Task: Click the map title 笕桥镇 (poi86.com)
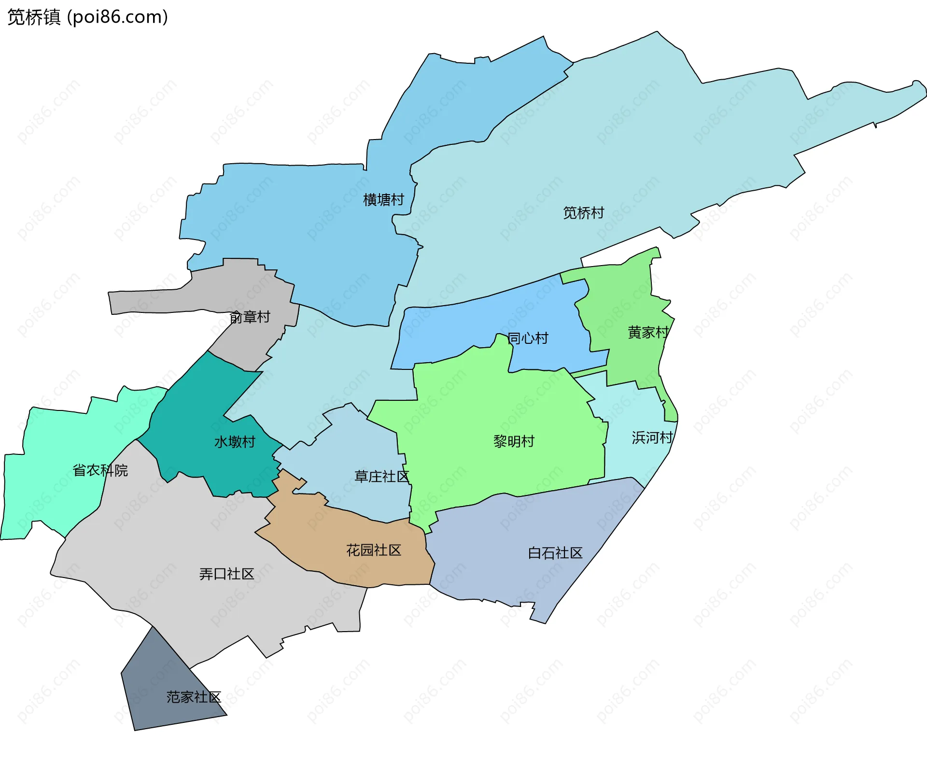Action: [x=87, y=17]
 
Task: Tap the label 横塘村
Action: [x=383, y=199]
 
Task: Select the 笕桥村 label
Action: [x=583, y=212]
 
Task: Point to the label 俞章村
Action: [x=250, y=317]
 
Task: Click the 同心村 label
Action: [x=528, y=338]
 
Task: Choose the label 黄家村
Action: [x=648, y=332]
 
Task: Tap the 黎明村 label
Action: [x=514, y=441]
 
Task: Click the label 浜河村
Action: [x=652, y=437]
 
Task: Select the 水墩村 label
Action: [x=235, y=442]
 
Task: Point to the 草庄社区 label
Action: [x=381, y=477]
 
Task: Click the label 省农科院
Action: [x=100, y=470]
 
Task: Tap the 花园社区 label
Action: [x=374, y=550]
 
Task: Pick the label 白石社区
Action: [x=555, y=553]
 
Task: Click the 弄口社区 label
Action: [x=226, y=574]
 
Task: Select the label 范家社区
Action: [x=194, y=697]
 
